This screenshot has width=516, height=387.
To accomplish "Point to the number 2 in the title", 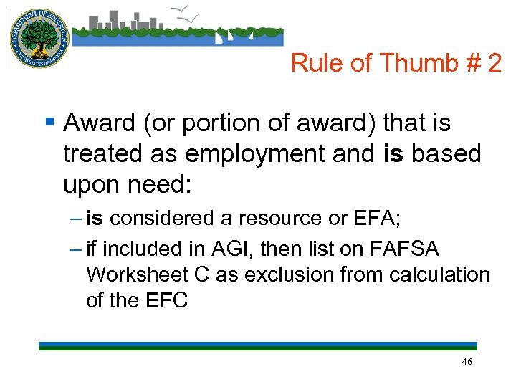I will (x=494, y=64).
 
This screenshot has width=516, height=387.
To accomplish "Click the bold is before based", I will (x=395, y=154).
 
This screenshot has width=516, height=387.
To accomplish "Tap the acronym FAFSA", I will (x=404, y=249).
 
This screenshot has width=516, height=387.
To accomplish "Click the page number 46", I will (x=467, y=363).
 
